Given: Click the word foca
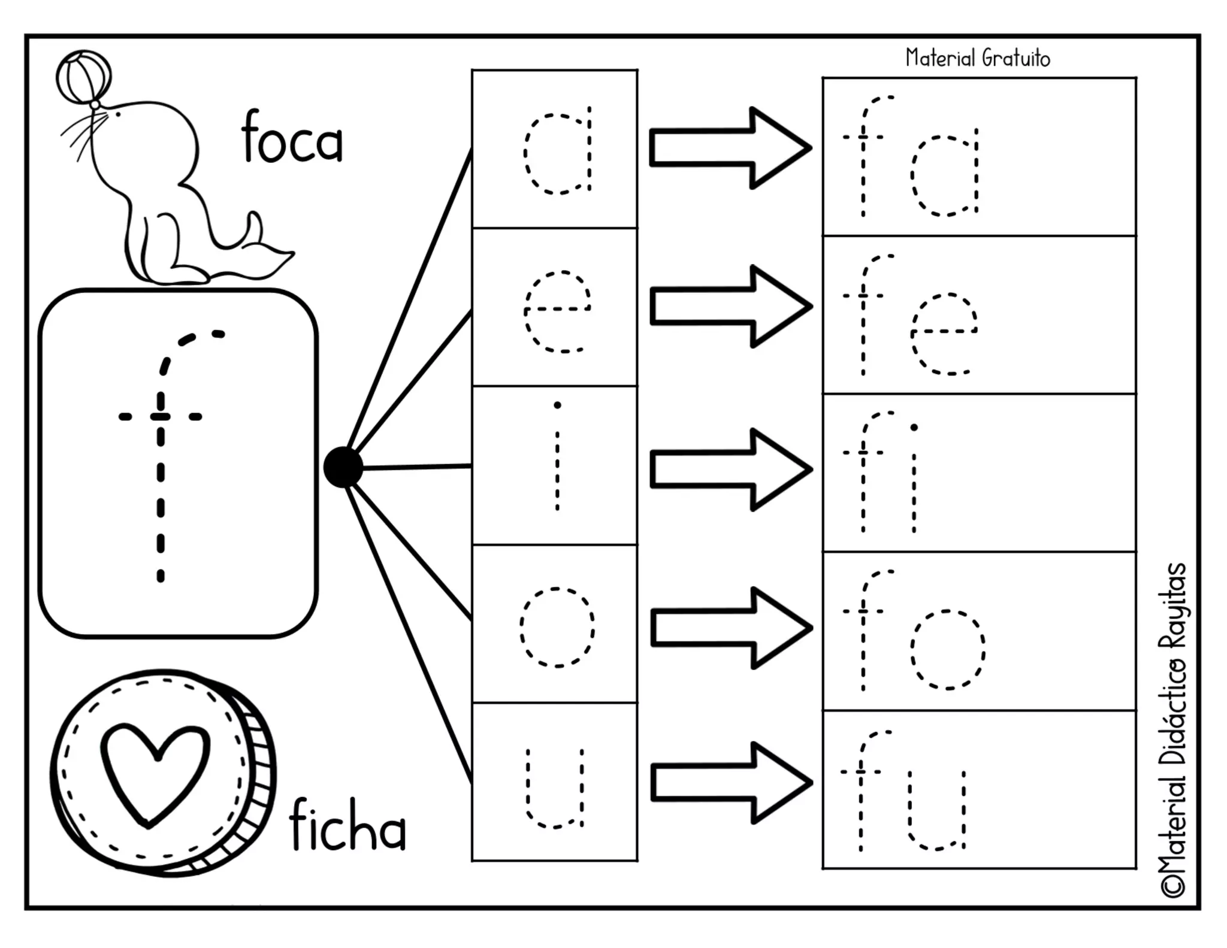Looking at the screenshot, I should [292, 138].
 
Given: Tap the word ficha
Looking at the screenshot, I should [347, 826].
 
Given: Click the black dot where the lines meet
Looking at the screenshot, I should [343, 467].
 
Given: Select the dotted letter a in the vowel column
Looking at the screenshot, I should [558, 150].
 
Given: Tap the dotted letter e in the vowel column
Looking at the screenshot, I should [557, 311].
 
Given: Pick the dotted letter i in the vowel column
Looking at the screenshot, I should [557, 458].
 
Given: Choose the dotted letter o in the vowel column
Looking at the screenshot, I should [557, 628].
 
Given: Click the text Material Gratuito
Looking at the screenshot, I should [978, 58].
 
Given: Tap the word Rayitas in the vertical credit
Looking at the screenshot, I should [1173, 605].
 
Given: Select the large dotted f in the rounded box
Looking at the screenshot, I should [162, 455].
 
